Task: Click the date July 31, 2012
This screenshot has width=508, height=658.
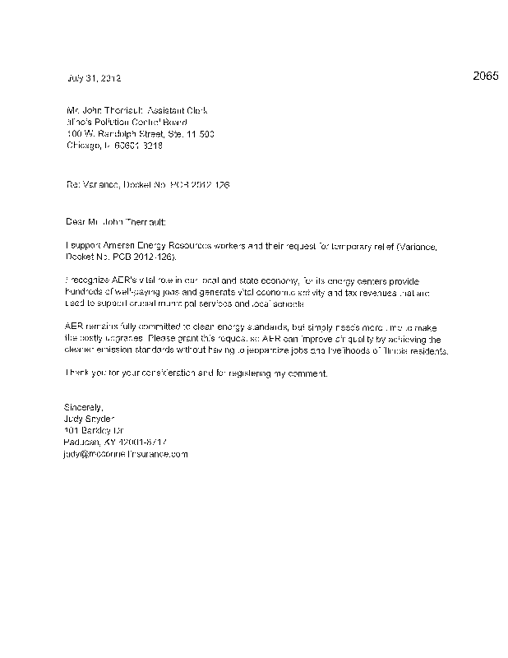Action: pyautogui.click(x=93, y=78)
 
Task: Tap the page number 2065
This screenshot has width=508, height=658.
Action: pyautogui.click(x=486, y=76)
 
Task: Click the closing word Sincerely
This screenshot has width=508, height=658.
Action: pyautogui.click(x=85, y=408)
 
